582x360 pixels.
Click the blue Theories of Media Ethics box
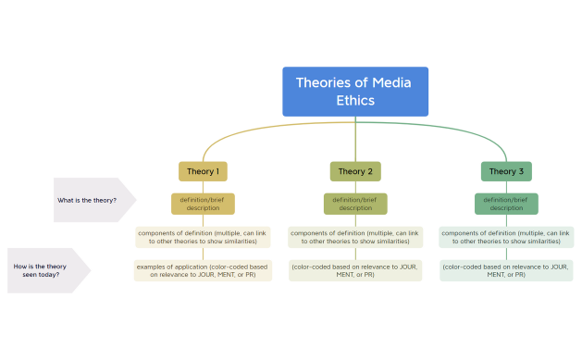(x=355, y=92)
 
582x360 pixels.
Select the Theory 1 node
(x=203, y=171)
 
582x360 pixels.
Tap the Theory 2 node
(x=355, y=171)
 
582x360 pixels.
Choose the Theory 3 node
(x=506, y=171)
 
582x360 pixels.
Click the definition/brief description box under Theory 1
(x=203, y=204)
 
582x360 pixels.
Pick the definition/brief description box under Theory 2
(x=355, y=204)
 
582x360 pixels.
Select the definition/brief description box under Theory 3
(x=506, y=204)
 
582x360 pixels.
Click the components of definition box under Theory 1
(x=203, y=237)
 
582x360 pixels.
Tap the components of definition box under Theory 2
(x=355, y=237)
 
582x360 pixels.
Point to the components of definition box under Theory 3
(x=506, y=237)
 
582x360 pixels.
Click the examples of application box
(x=203, y=270)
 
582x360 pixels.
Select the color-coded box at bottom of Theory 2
(x=355, y=270)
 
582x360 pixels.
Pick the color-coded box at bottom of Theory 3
(x=506, y=270)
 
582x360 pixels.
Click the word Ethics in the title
(x=355, y=101)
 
